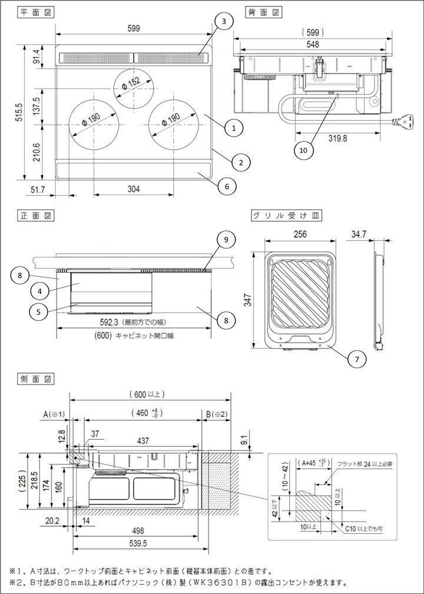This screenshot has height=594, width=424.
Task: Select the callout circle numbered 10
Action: point(304,150)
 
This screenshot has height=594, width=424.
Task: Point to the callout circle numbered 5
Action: point(38,311)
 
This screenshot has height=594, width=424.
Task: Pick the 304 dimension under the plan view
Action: point(134,189)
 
